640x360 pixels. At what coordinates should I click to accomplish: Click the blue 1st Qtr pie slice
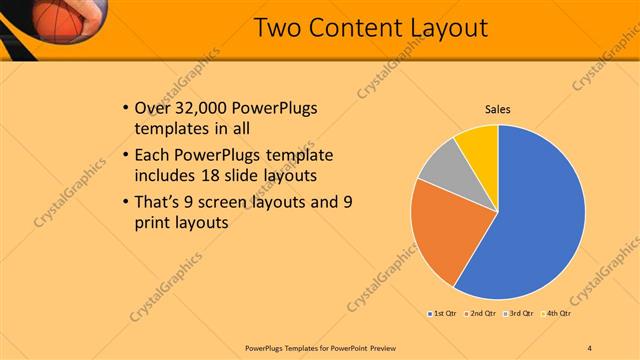click(535, 220)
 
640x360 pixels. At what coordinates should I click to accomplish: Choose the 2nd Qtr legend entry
click(482, 314)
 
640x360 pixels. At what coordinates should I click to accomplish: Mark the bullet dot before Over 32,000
click(123, 108)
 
